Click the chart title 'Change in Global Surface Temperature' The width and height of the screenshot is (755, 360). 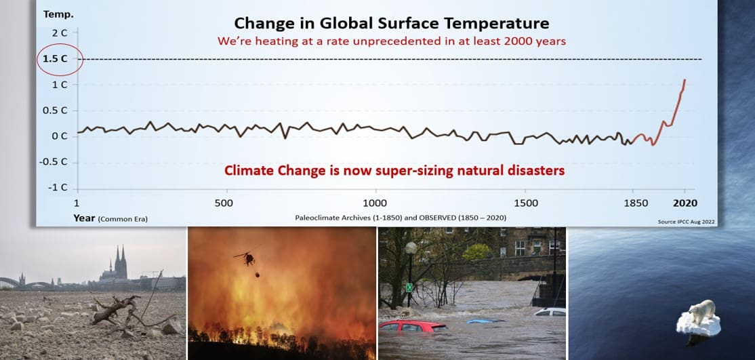tap(392, 22)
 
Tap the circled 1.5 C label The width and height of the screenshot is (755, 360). tap(56, 59)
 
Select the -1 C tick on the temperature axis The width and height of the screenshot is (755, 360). tap(58, 188)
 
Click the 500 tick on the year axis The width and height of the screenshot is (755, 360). tap(224, 203)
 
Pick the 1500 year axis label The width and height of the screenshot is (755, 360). tap(526, 203)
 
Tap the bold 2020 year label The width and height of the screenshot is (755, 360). tap(685, 203)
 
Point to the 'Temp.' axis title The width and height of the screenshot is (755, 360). tap(59, 14)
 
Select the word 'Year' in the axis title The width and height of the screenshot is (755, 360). tap(84, 218)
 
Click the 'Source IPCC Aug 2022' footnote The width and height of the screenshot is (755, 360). tap(686, 222)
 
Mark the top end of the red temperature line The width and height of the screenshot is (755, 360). tap(685, 80)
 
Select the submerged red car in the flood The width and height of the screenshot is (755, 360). tap(413, 326)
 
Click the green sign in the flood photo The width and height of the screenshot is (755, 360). tap(409, 287)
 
